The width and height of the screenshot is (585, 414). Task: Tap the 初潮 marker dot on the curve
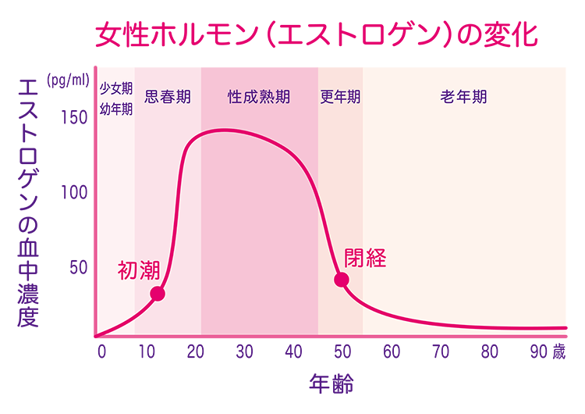[158, 294]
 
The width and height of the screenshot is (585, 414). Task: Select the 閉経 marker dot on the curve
[342, 280]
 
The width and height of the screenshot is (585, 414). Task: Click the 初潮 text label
[139, 270]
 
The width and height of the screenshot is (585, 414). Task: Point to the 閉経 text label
[365, 258]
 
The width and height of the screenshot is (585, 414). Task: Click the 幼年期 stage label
[116, 109]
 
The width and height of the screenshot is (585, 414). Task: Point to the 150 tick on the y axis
[73, 118]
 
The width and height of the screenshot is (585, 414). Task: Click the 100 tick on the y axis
[73, 192]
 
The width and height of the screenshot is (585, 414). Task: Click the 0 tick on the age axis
[101, 352]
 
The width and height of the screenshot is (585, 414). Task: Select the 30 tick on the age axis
[245, 352]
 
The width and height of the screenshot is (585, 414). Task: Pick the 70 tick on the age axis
[440, 352]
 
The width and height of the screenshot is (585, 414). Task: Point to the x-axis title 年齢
[330, 384]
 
